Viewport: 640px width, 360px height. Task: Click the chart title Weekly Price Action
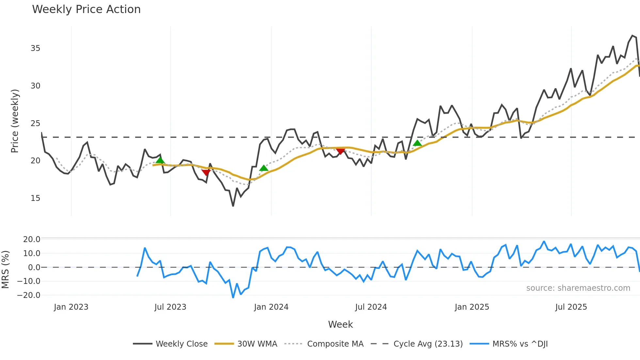pyautogui.click(x=86, y=9)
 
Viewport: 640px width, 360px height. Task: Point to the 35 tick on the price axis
pyautogui.click(x=35, y=48)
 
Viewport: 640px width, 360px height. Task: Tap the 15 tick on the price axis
pyautogui.click(x=35, y=198)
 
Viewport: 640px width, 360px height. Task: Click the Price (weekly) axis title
pyautogui.click(x=15, y=121)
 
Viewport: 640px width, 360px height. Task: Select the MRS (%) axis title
pyautogui.click(x=5, y=270)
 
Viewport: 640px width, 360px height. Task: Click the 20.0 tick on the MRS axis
pyautogui.click(x=32, y=239)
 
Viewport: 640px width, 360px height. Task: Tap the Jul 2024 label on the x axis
pyautogui.click(x=371, y=307)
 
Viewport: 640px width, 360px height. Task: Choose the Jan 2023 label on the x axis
pyautogui.click(x=71, y=307)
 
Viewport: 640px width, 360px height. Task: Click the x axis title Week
pyautogui.click(x=340, y=324)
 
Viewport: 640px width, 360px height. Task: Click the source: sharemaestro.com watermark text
pyautogui.click(x=578, y=288)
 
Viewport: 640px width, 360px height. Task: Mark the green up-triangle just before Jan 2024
pyautogui.click(x=264, y=168)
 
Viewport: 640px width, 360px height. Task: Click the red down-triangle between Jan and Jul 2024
pyautogui.click(x=341, y=151)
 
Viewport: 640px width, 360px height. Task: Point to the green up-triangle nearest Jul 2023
pyautogui.click(x=160, y=160)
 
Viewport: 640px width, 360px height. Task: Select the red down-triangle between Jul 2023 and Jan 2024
pyautogui.click(x=206, y=172)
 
